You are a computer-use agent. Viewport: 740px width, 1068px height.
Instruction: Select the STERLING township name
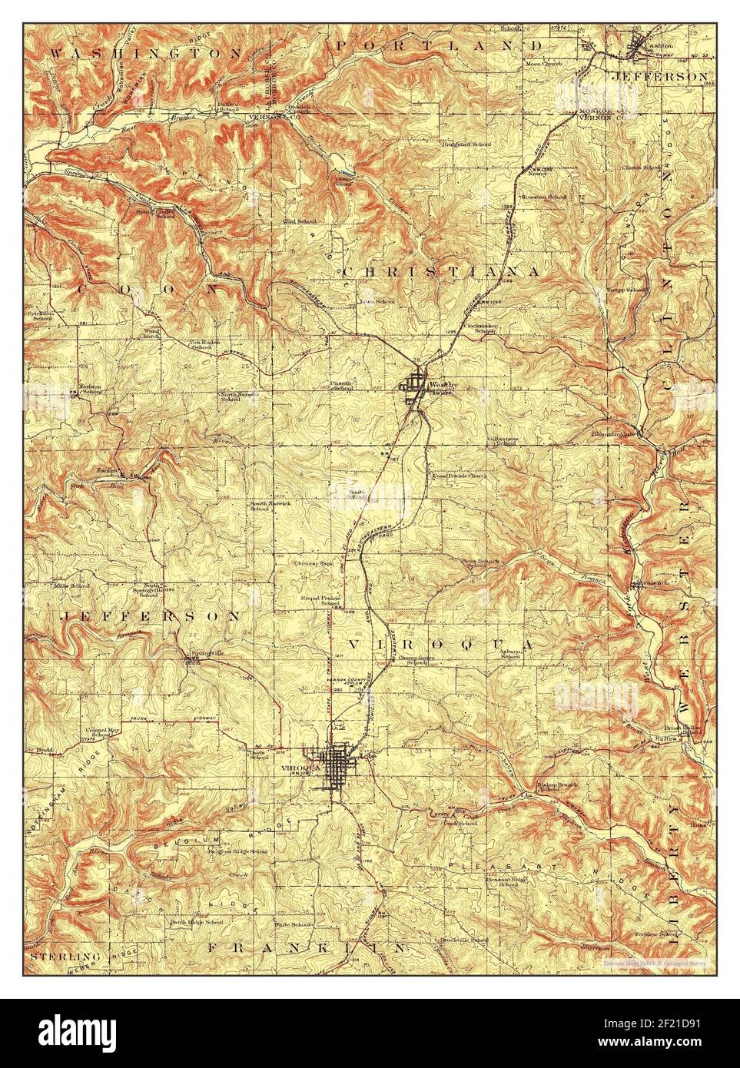click(55, 957)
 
